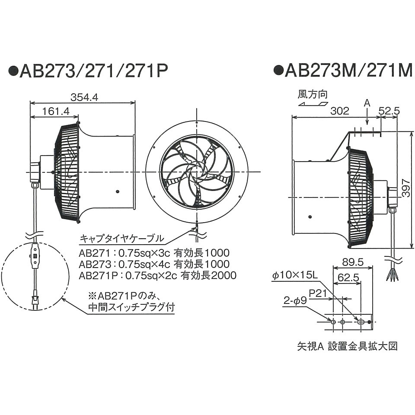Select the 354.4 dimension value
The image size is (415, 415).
(84, 98)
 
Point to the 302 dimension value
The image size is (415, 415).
(339, 111)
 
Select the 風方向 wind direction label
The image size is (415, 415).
(312, 94)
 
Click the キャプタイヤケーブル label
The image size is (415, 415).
(121, 238)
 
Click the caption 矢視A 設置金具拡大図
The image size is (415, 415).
(347, 346)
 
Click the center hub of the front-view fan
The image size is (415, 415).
(197, 172)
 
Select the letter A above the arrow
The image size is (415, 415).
(367, 103)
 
